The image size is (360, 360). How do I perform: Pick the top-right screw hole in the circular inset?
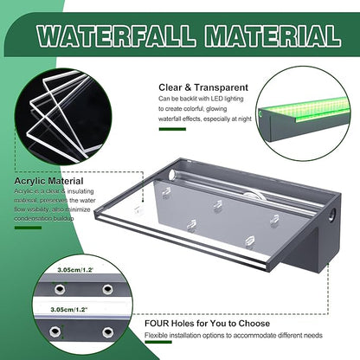click(x=108, y=288)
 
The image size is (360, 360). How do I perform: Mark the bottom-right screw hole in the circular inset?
click(x=108, y=331)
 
